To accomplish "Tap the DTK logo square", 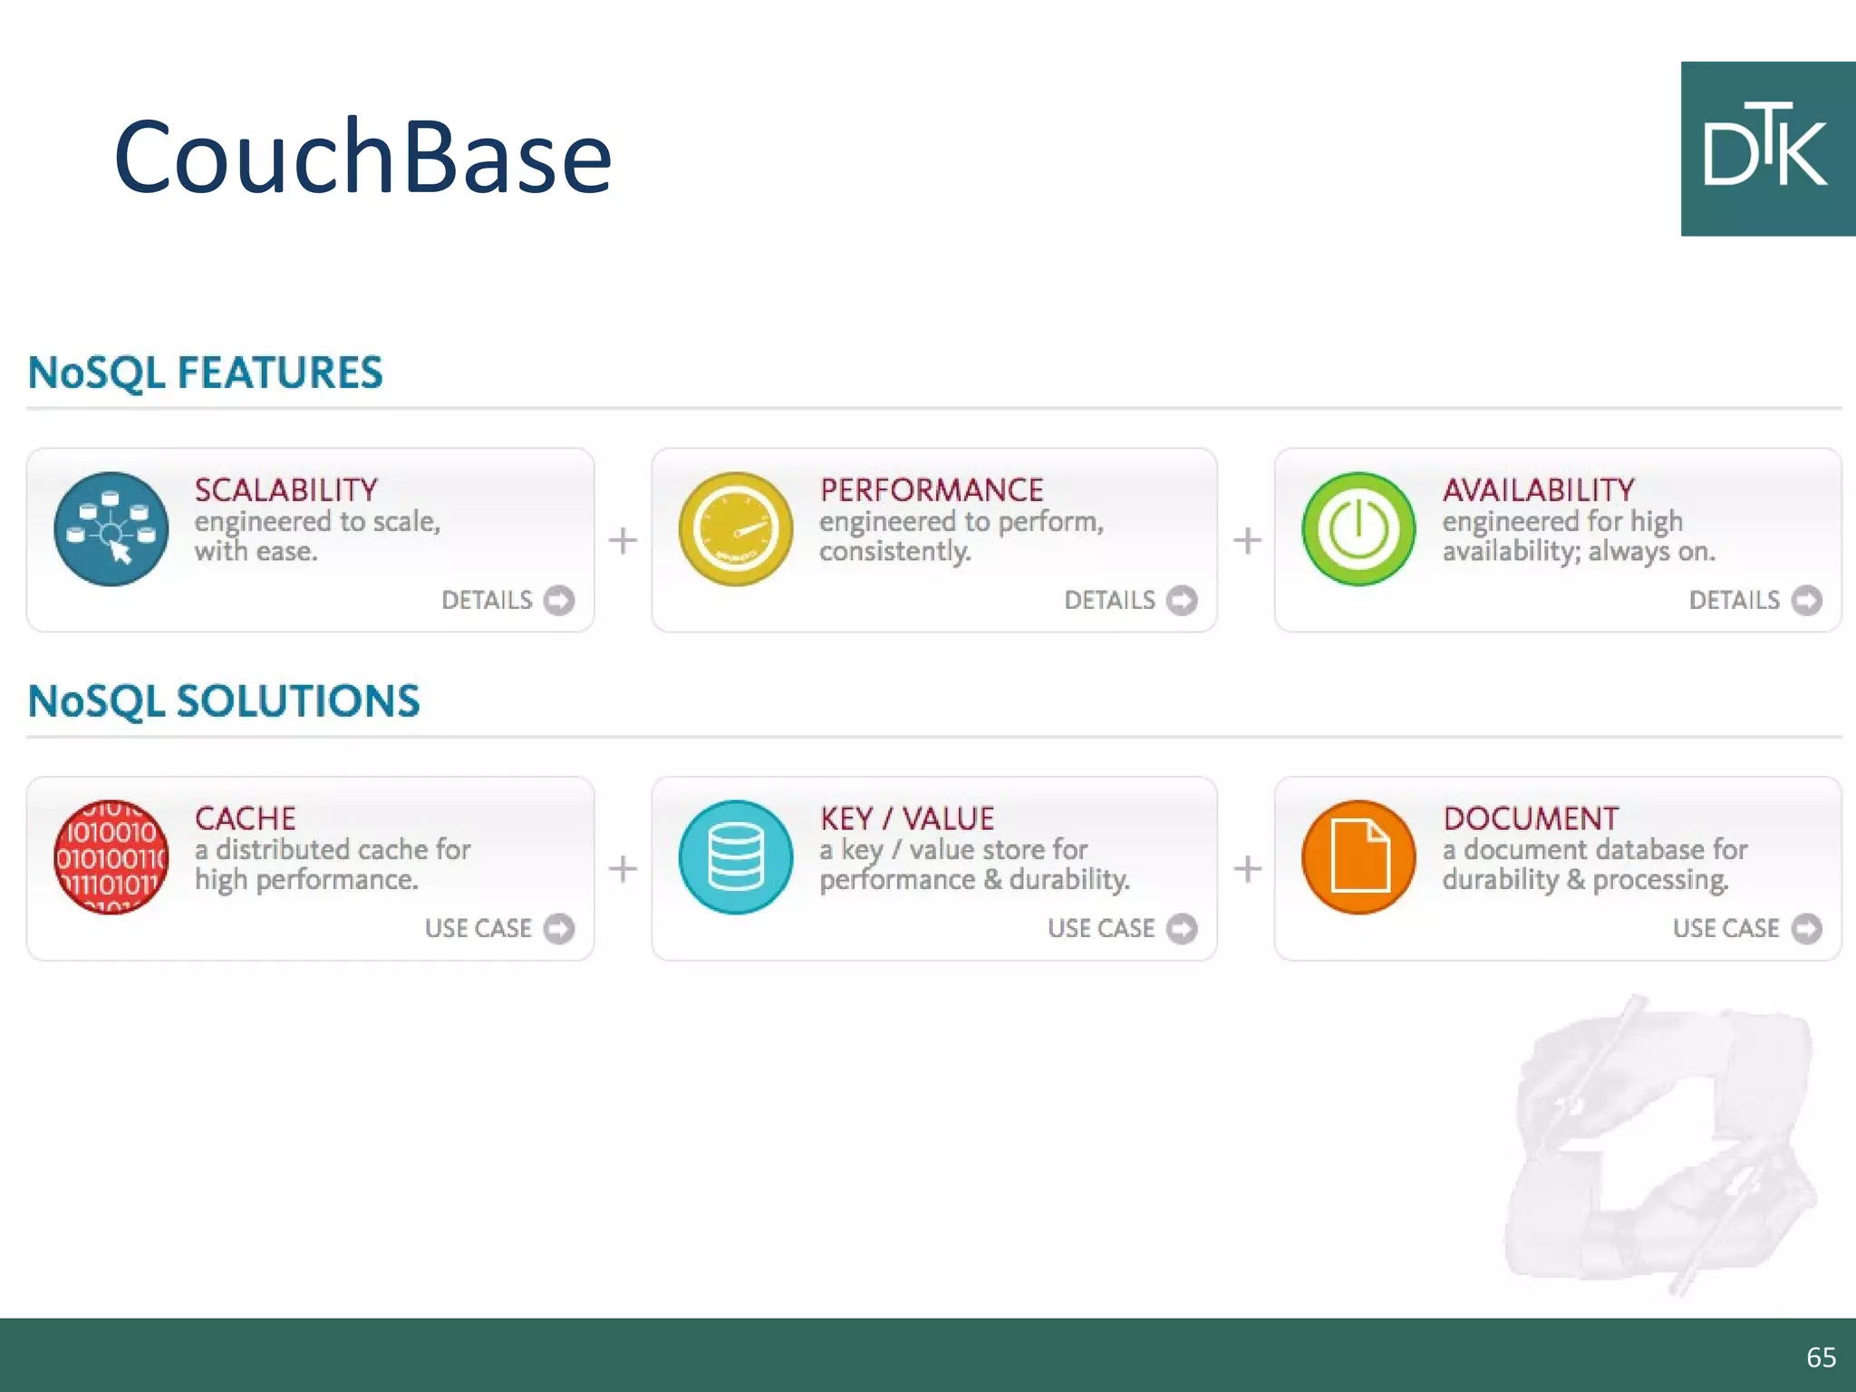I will pos(1767,150).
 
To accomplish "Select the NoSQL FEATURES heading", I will pos(206,372).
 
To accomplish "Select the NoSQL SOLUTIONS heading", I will pos(224,701).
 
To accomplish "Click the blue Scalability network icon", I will pos(111,529).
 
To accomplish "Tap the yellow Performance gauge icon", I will pos(735,529).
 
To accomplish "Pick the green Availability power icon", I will pos(1358,529).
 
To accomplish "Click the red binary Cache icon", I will pos(111,857).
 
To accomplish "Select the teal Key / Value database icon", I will pos(735,857).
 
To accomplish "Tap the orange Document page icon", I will pos(1358,857).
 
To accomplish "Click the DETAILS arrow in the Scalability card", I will pos(559,600).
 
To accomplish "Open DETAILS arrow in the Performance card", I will pos(1182,600).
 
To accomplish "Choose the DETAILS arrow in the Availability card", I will pos(1807,600).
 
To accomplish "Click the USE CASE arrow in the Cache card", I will pos(559,928).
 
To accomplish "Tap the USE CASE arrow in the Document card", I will pos(1807,928).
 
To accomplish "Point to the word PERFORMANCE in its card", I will pos(932,490).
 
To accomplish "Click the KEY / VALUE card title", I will pos(907,818).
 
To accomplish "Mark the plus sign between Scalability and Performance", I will pos(623,540).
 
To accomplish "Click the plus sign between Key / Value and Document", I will pos(1247,868).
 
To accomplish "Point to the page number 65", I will pos(1821,1357).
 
